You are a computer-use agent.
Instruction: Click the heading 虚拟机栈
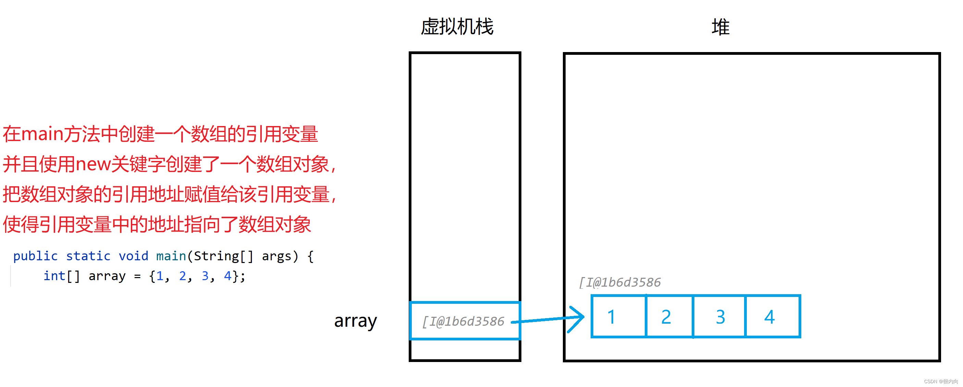point(457,27)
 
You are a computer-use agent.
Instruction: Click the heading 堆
point(720,27)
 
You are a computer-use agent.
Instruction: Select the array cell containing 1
point(619,317)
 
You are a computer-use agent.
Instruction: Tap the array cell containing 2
point(669,317)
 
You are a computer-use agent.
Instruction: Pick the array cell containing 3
point(720,317)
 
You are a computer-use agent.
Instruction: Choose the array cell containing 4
point(771,317)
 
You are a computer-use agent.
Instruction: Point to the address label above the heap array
point(619,283)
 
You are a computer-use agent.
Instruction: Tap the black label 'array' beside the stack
point(355,321)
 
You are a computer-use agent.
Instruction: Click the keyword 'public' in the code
point(36,256)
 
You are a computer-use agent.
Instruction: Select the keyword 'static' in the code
point(88,256)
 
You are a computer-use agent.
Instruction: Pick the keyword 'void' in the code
point(134,256)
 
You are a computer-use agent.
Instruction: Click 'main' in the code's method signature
point(171,256)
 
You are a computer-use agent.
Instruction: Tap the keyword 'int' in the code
point(54,276)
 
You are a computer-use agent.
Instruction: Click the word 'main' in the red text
point(42,135)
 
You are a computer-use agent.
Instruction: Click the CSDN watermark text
point(941,382)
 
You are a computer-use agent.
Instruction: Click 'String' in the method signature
point(216,256)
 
